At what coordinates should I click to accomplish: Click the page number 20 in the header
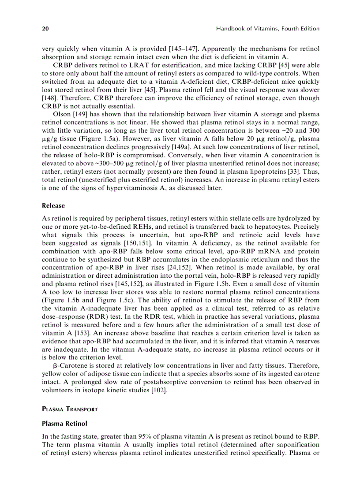coord(45,29)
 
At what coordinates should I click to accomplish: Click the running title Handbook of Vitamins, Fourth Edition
coord(267,29)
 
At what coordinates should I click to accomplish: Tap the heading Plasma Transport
coord(70,409)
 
